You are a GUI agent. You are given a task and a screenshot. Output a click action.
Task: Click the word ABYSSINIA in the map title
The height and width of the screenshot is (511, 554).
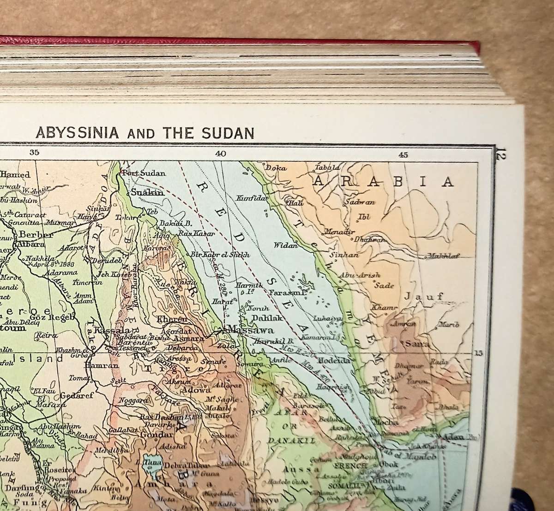click(78, 133)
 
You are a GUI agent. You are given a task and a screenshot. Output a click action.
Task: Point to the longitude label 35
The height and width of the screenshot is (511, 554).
click(34, 154)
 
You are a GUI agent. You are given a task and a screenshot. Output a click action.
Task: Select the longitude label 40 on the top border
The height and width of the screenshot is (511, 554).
click(220, 154)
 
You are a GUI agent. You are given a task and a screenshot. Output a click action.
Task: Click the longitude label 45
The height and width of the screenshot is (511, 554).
click(403, 154)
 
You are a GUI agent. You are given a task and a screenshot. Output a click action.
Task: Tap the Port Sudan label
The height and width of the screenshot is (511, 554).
click(138, 173)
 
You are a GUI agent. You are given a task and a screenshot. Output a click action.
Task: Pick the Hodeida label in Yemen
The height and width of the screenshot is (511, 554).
click(332, 360)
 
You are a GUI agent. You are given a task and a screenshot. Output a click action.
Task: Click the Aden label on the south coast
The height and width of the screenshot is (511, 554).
click(452, 436)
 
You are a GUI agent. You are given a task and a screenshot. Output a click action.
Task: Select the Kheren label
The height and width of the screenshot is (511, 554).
click(173, 319)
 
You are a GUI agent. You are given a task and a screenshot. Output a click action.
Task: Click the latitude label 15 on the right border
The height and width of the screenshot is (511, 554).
click(478, 353)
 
